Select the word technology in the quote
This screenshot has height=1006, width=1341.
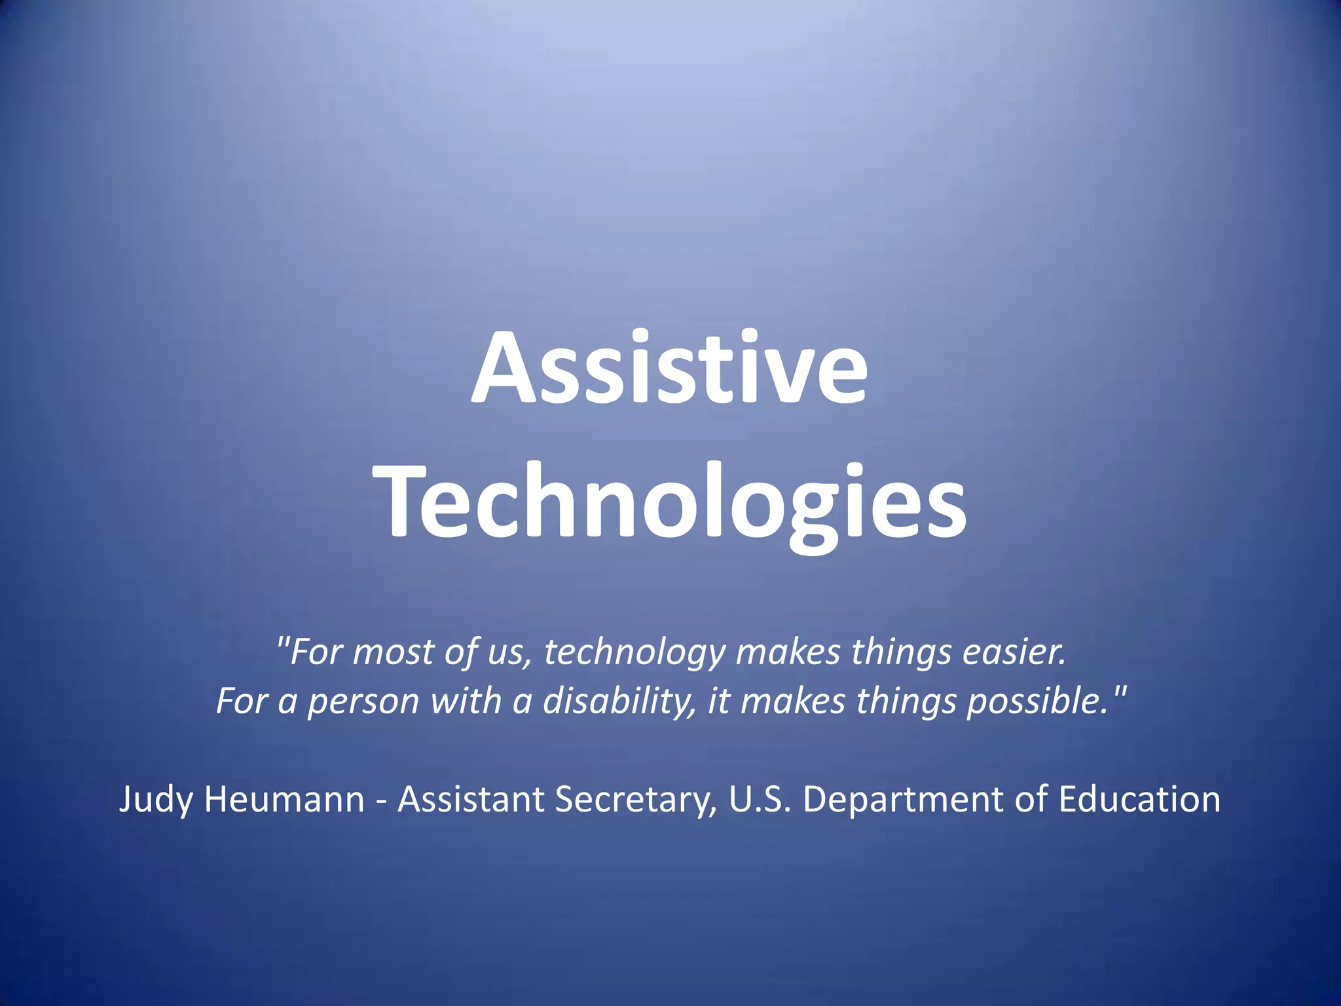634,652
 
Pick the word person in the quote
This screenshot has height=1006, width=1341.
363,701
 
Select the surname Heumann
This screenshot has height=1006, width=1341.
284,800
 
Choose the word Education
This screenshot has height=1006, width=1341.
1139,800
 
